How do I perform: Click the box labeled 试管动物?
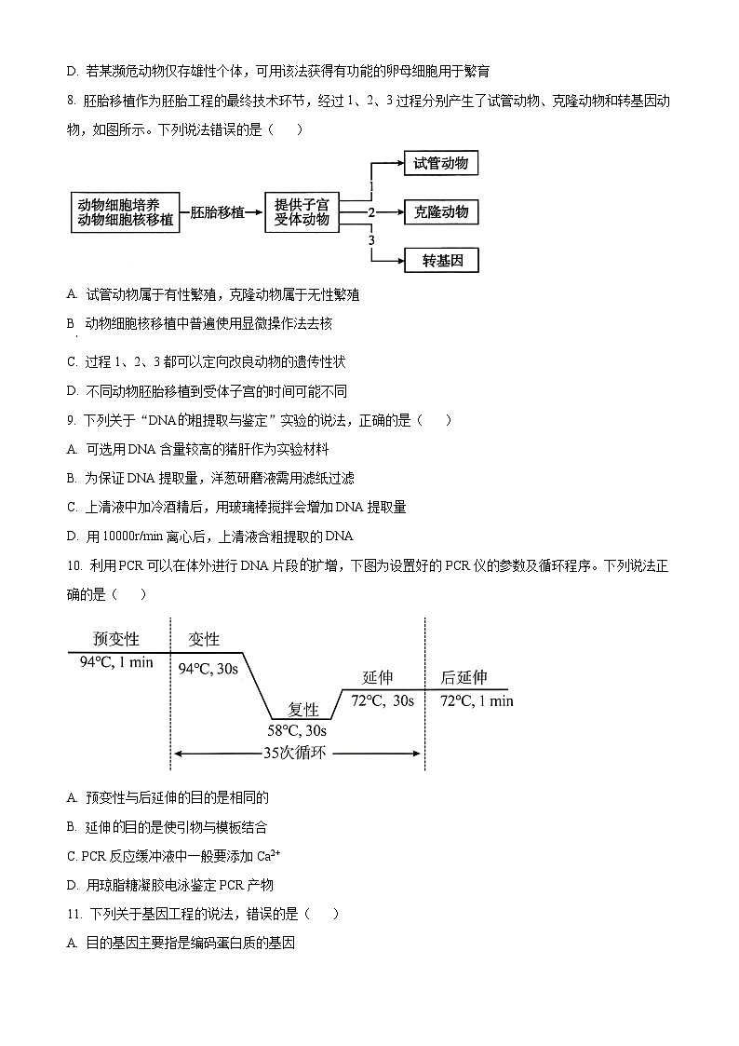click(441, 164)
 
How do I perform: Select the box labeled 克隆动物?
click(441, 212)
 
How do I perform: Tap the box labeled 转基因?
click(441, 260)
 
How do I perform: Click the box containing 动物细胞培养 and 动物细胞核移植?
click(126, 212)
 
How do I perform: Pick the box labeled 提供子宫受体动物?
click(302, 212)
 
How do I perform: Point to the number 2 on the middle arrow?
click(371, 213)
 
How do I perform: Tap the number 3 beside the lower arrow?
click(371, 240)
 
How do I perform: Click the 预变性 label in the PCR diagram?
click(116, 639)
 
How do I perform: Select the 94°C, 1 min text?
click(116, 662)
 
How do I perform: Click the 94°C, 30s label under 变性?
click(208, 669)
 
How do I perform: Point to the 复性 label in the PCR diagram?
click(303, 710)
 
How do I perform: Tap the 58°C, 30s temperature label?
click(297, 731)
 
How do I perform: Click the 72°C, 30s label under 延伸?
click(383, 700)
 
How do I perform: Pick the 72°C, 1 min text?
click(476, 700)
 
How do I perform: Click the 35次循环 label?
click(296, 754)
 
